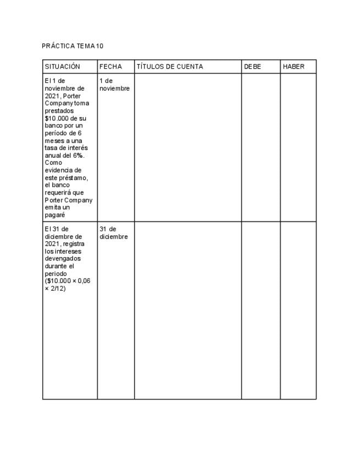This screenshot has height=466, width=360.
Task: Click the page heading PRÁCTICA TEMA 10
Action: (x=73, y=46)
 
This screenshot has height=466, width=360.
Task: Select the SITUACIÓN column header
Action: (x=62, y=66)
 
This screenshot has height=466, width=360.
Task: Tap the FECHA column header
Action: (x=110, y=66)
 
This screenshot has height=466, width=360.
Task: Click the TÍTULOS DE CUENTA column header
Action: (x=170, y=66)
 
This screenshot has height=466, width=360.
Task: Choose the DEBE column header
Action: (x=253, y=66)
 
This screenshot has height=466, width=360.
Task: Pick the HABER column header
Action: (x=293, y=66)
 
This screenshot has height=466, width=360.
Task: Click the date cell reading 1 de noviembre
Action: (x=114, y=85)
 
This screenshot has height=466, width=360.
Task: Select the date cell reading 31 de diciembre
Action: (x=113, y=233)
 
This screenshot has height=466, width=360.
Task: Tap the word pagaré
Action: (x=55, y=215)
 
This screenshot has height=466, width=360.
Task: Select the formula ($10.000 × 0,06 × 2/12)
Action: (x=67, y=285)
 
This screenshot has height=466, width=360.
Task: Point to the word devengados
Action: (x=63, y=258)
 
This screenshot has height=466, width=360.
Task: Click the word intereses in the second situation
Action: (x=67, y=251)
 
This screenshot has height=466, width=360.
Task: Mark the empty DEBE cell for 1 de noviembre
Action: (x=261, y=147)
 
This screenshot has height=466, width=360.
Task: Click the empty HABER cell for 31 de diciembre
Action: (x=298, y=310)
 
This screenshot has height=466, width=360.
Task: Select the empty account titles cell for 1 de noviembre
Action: (x=187, y=147)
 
